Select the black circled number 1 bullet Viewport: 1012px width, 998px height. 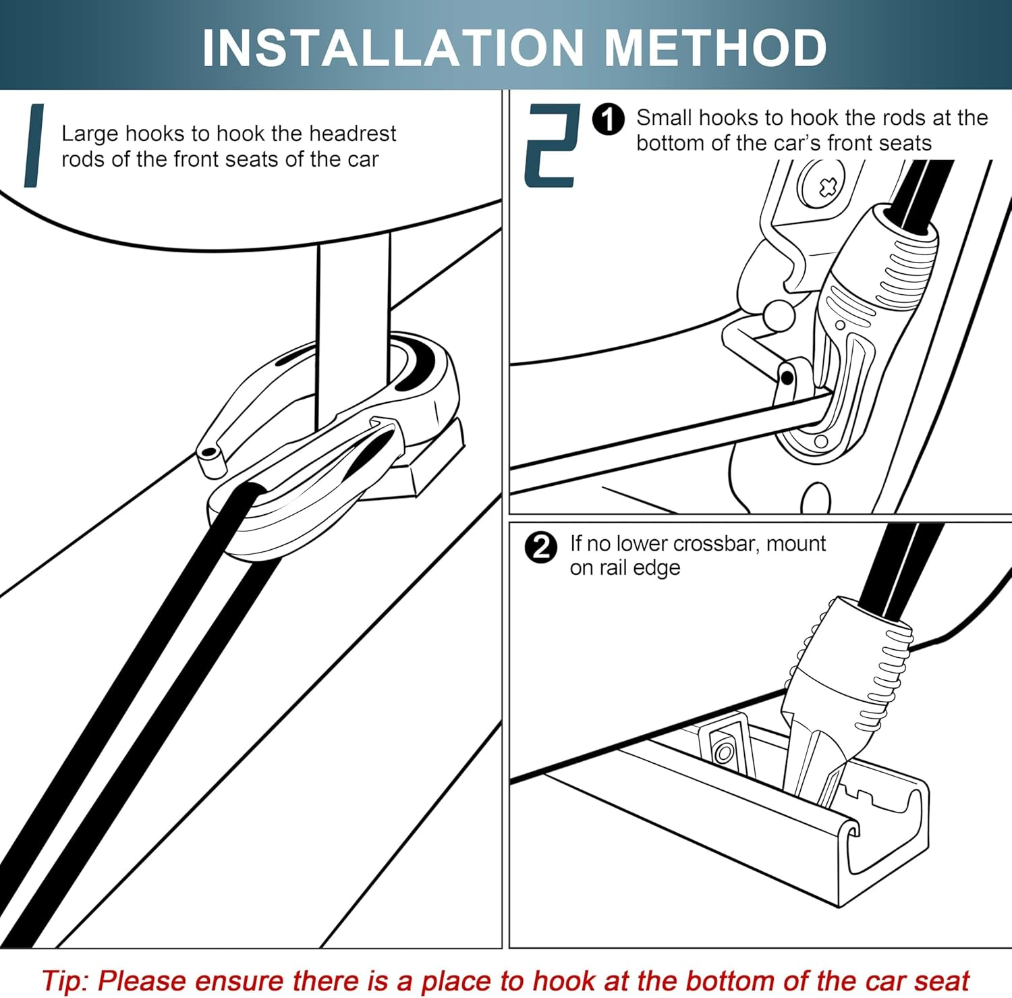click(x=609, y=119)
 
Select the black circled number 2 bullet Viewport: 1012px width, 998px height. click(x=541, y=547)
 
